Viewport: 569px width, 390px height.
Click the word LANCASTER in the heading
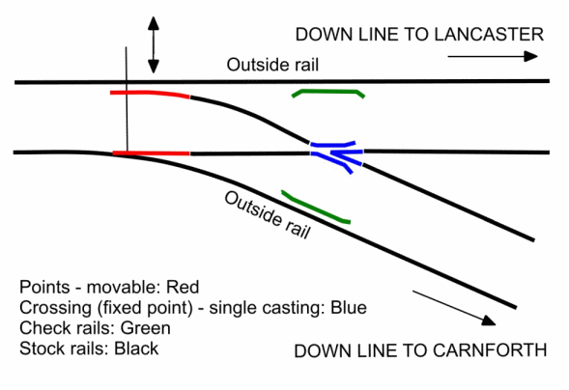489,35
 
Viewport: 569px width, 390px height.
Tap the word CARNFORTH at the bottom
490,350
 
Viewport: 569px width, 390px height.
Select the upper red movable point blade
150,93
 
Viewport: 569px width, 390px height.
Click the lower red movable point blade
151,153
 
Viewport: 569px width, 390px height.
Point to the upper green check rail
328,92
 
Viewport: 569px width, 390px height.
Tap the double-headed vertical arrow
154,45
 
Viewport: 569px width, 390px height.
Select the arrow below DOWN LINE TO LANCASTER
493,56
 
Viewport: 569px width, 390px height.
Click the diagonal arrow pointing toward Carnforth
454,307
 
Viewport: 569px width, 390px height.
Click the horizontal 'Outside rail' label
272,65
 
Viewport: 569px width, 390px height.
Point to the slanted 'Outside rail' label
268,215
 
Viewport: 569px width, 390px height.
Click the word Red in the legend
183,287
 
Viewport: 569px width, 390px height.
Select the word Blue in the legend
349,307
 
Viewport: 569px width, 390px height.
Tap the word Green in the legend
146,328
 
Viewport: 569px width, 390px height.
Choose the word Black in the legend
136,348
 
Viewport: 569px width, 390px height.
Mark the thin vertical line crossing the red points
127,100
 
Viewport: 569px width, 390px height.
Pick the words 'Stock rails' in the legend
64,348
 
